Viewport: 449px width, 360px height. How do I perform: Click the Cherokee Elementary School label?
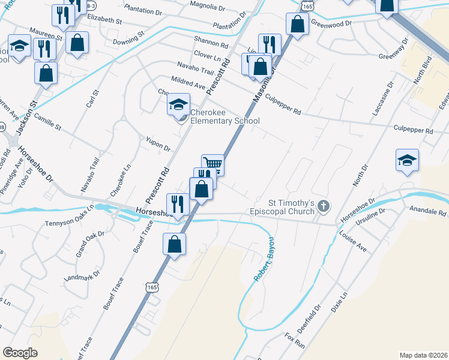click(x=224, y=116)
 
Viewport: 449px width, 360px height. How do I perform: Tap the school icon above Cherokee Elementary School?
click(x=178, y=105)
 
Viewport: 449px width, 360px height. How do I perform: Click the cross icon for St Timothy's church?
click(x=324, y=207)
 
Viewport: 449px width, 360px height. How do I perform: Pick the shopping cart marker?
click(x=212, y=164)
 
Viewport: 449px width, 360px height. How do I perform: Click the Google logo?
click(x=20, y=352)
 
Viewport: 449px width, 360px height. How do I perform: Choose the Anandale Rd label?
click(x=427, y=212)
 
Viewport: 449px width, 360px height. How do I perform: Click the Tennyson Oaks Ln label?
click(x=70, y=216)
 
